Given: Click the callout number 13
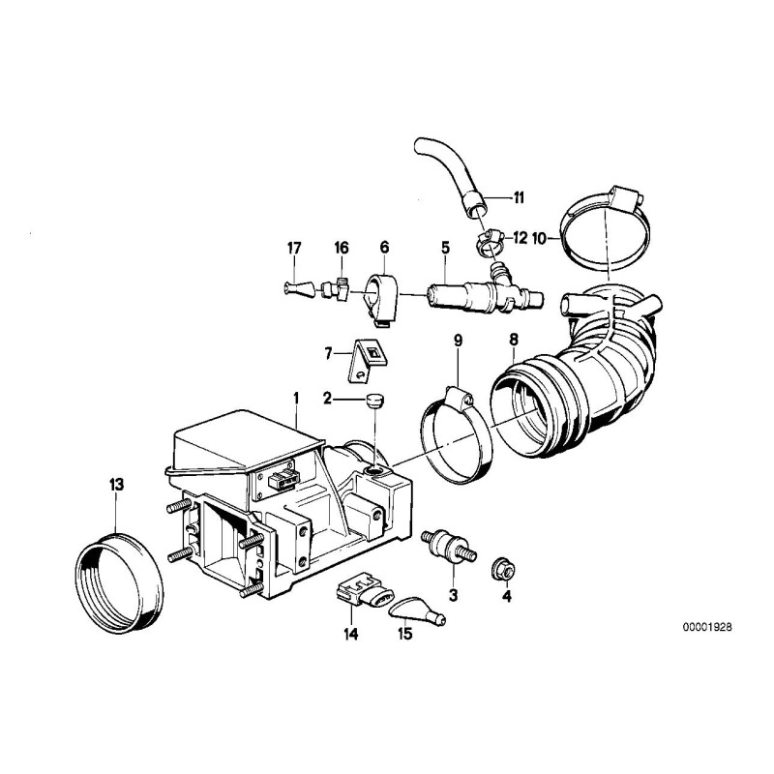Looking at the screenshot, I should point(116,484).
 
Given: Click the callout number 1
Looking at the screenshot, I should point(296,397).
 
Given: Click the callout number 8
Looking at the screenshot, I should point(514,340).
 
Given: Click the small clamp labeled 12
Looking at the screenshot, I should point(488,235).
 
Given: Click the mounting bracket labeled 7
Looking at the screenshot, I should point(365,360).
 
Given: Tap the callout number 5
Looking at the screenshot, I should point(445,248).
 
